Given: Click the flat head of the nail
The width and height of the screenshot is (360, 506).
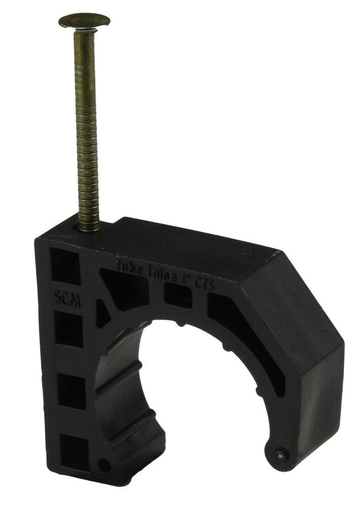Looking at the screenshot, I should [x=84, y=21].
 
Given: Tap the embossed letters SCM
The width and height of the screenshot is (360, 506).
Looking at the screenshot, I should [x=67, y=298].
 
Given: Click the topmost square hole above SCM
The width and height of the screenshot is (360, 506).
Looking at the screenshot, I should [x=64, y=266].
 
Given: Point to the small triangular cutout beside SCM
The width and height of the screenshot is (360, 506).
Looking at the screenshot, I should [x=103, y=314].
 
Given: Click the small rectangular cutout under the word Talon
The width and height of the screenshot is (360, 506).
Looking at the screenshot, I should [x=178, y=296].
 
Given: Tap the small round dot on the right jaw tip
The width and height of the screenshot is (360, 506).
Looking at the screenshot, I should [x=279, y=454].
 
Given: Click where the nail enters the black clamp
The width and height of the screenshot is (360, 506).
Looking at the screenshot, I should [x=89, y=229].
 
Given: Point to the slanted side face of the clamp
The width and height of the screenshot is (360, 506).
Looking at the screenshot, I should [x=294, y=299].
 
